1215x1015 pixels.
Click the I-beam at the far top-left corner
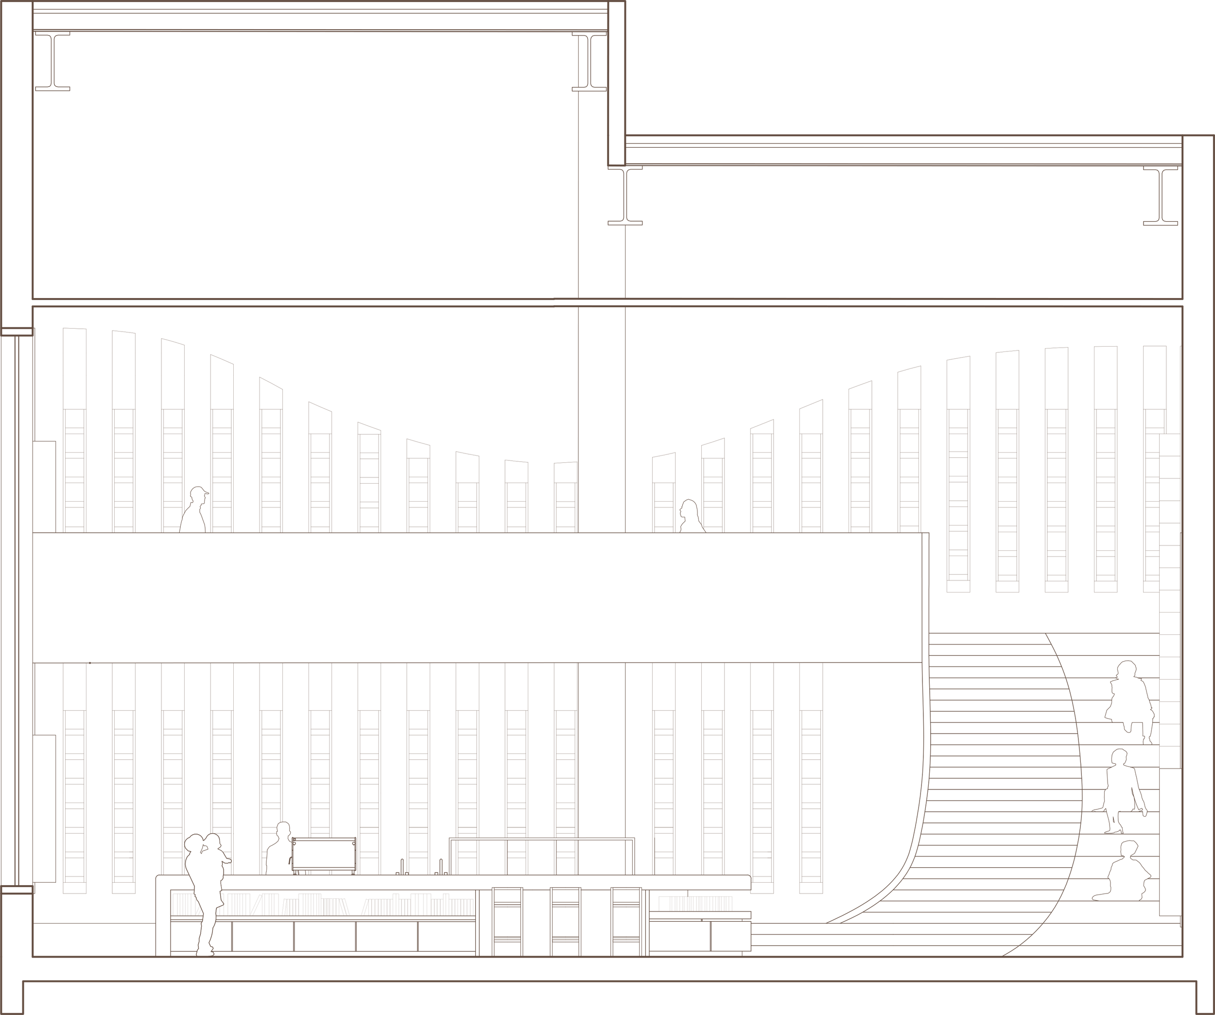[x=52, y=61]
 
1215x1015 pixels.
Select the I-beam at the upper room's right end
[x=588, y=61]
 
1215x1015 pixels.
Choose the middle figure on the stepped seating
[x=1123, y=799]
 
